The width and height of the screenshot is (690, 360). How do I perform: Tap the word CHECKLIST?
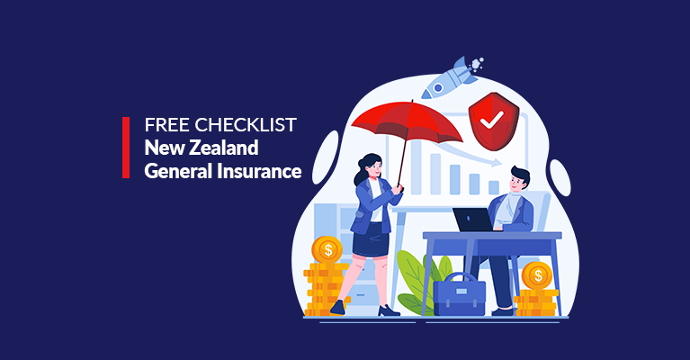click(246, 125)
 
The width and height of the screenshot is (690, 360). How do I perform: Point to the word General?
click(178, 171)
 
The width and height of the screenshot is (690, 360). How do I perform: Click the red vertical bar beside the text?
click(126, 148)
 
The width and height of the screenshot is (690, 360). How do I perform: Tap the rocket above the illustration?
click(450, 77)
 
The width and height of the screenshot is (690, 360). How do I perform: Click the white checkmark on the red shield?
click(491, 120)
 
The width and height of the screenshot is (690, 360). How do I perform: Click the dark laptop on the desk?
click(473, 220)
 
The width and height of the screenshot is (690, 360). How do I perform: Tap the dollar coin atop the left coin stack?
click(327, 250)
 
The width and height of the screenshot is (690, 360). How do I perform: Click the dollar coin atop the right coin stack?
click(537, 275)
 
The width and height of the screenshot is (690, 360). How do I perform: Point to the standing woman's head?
click(369, 166)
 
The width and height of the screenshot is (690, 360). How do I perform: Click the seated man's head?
click(518, 179)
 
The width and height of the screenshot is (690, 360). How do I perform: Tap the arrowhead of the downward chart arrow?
click(497, 162)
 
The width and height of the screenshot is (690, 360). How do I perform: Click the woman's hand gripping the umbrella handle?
click(398, 189)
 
